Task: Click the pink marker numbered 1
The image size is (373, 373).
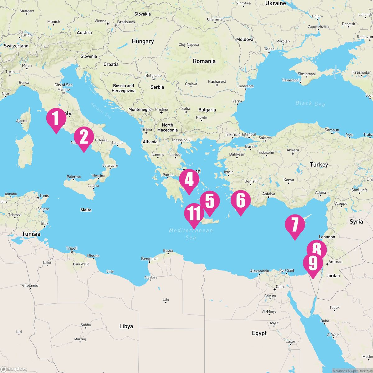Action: (56, 118)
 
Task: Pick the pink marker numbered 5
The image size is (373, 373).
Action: (210, 201)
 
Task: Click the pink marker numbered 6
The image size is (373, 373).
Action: (240, 201)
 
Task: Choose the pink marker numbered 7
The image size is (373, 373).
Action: (295, 225)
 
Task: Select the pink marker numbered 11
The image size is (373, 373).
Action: (194, 214)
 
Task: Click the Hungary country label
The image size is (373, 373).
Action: (143, 41)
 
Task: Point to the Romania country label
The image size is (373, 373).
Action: (204, 61)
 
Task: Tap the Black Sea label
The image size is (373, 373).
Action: (310, 104)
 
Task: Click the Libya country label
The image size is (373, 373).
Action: (126, 326)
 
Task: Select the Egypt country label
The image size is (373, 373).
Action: (259, 333)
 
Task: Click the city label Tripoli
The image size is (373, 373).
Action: (72, 248)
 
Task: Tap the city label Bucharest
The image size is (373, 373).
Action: (217, 81)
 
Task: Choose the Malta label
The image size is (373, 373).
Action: (86, 210)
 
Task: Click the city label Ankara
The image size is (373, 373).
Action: (292, 150)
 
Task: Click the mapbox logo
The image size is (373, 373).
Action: (14, 369)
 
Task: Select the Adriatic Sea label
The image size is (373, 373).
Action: (101, 110)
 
